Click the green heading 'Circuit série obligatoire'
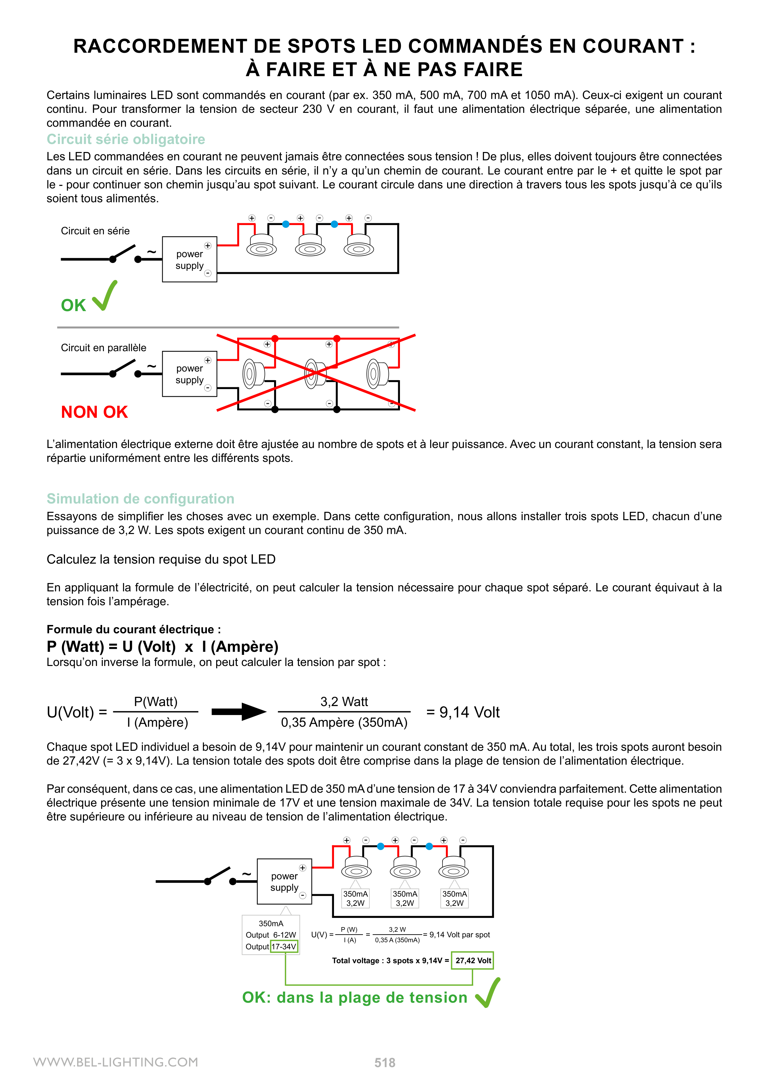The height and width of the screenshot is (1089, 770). pos(126,139)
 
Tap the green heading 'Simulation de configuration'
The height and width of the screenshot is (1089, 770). pos(140,499)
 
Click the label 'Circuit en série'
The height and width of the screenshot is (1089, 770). pos(95,231)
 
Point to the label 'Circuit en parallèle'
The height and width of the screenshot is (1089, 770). pos(103,348)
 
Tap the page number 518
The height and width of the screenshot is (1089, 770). pos(385,1062)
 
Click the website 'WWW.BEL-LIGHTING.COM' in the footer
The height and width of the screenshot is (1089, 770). pos(116,1062)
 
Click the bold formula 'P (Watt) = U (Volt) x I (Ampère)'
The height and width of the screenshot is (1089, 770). pos(162,647)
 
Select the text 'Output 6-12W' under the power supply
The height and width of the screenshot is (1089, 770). pos(270,935)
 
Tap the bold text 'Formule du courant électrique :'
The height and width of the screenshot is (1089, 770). pos(134,629)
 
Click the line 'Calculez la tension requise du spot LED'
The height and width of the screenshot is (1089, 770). pos(161,559)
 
